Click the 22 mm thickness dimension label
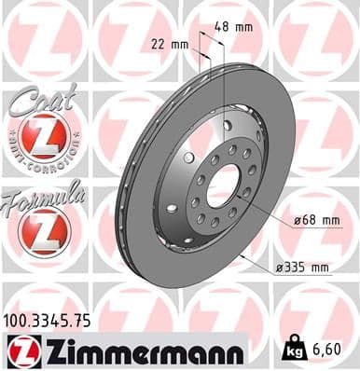171,44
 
